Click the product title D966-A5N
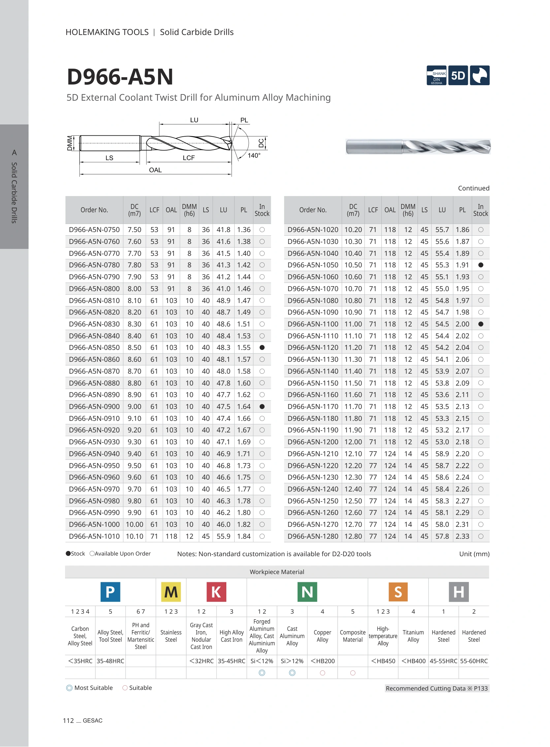120,77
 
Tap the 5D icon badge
458,76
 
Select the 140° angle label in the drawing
254,155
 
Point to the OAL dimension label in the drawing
155,170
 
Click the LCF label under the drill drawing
188,158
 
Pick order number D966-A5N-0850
94,348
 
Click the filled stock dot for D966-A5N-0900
262,407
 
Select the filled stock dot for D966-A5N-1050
480,265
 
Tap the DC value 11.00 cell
353,324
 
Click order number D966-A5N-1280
313,536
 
